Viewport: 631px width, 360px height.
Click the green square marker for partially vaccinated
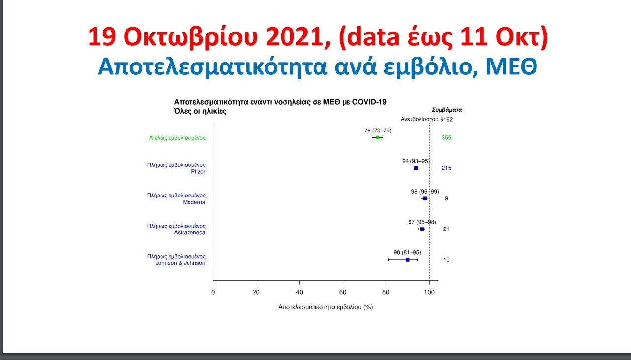click(x=378, y=137)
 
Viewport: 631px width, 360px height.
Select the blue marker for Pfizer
click(x=416, y=168)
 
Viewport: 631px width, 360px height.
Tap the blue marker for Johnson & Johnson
click(x=408, y=260)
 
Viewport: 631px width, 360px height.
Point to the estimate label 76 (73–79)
click(x=378, y=131)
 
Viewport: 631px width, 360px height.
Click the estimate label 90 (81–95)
click(x=408, y=252)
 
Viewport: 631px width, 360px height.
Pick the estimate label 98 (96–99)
click(x=425, y=192)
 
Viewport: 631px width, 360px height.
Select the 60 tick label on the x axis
click(x=343, y=292)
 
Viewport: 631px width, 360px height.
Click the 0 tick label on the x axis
click(x=213, y=292)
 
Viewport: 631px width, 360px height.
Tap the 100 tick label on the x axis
click(x=429, y=292)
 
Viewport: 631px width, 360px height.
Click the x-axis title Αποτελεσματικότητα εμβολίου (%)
click(x=325, y=307)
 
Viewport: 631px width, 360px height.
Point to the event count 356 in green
click(x=446, y=137)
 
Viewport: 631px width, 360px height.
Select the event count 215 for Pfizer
click(x=446, y=168)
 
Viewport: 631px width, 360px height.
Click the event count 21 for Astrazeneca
click(x=446, y=229)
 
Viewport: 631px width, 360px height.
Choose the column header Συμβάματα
click(x=447, y=110)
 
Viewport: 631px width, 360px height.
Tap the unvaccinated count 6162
click(x=446, y=119)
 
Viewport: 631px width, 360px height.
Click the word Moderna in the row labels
click(x=194, y=202)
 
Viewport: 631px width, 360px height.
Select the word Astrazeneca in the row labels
click(x=189, y=232)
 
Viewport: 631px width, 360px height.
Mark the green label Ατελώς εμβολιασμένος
click(x=177, y=138)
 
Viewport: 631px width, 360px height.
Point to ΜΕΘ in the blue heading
click(x=511, y=66)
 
